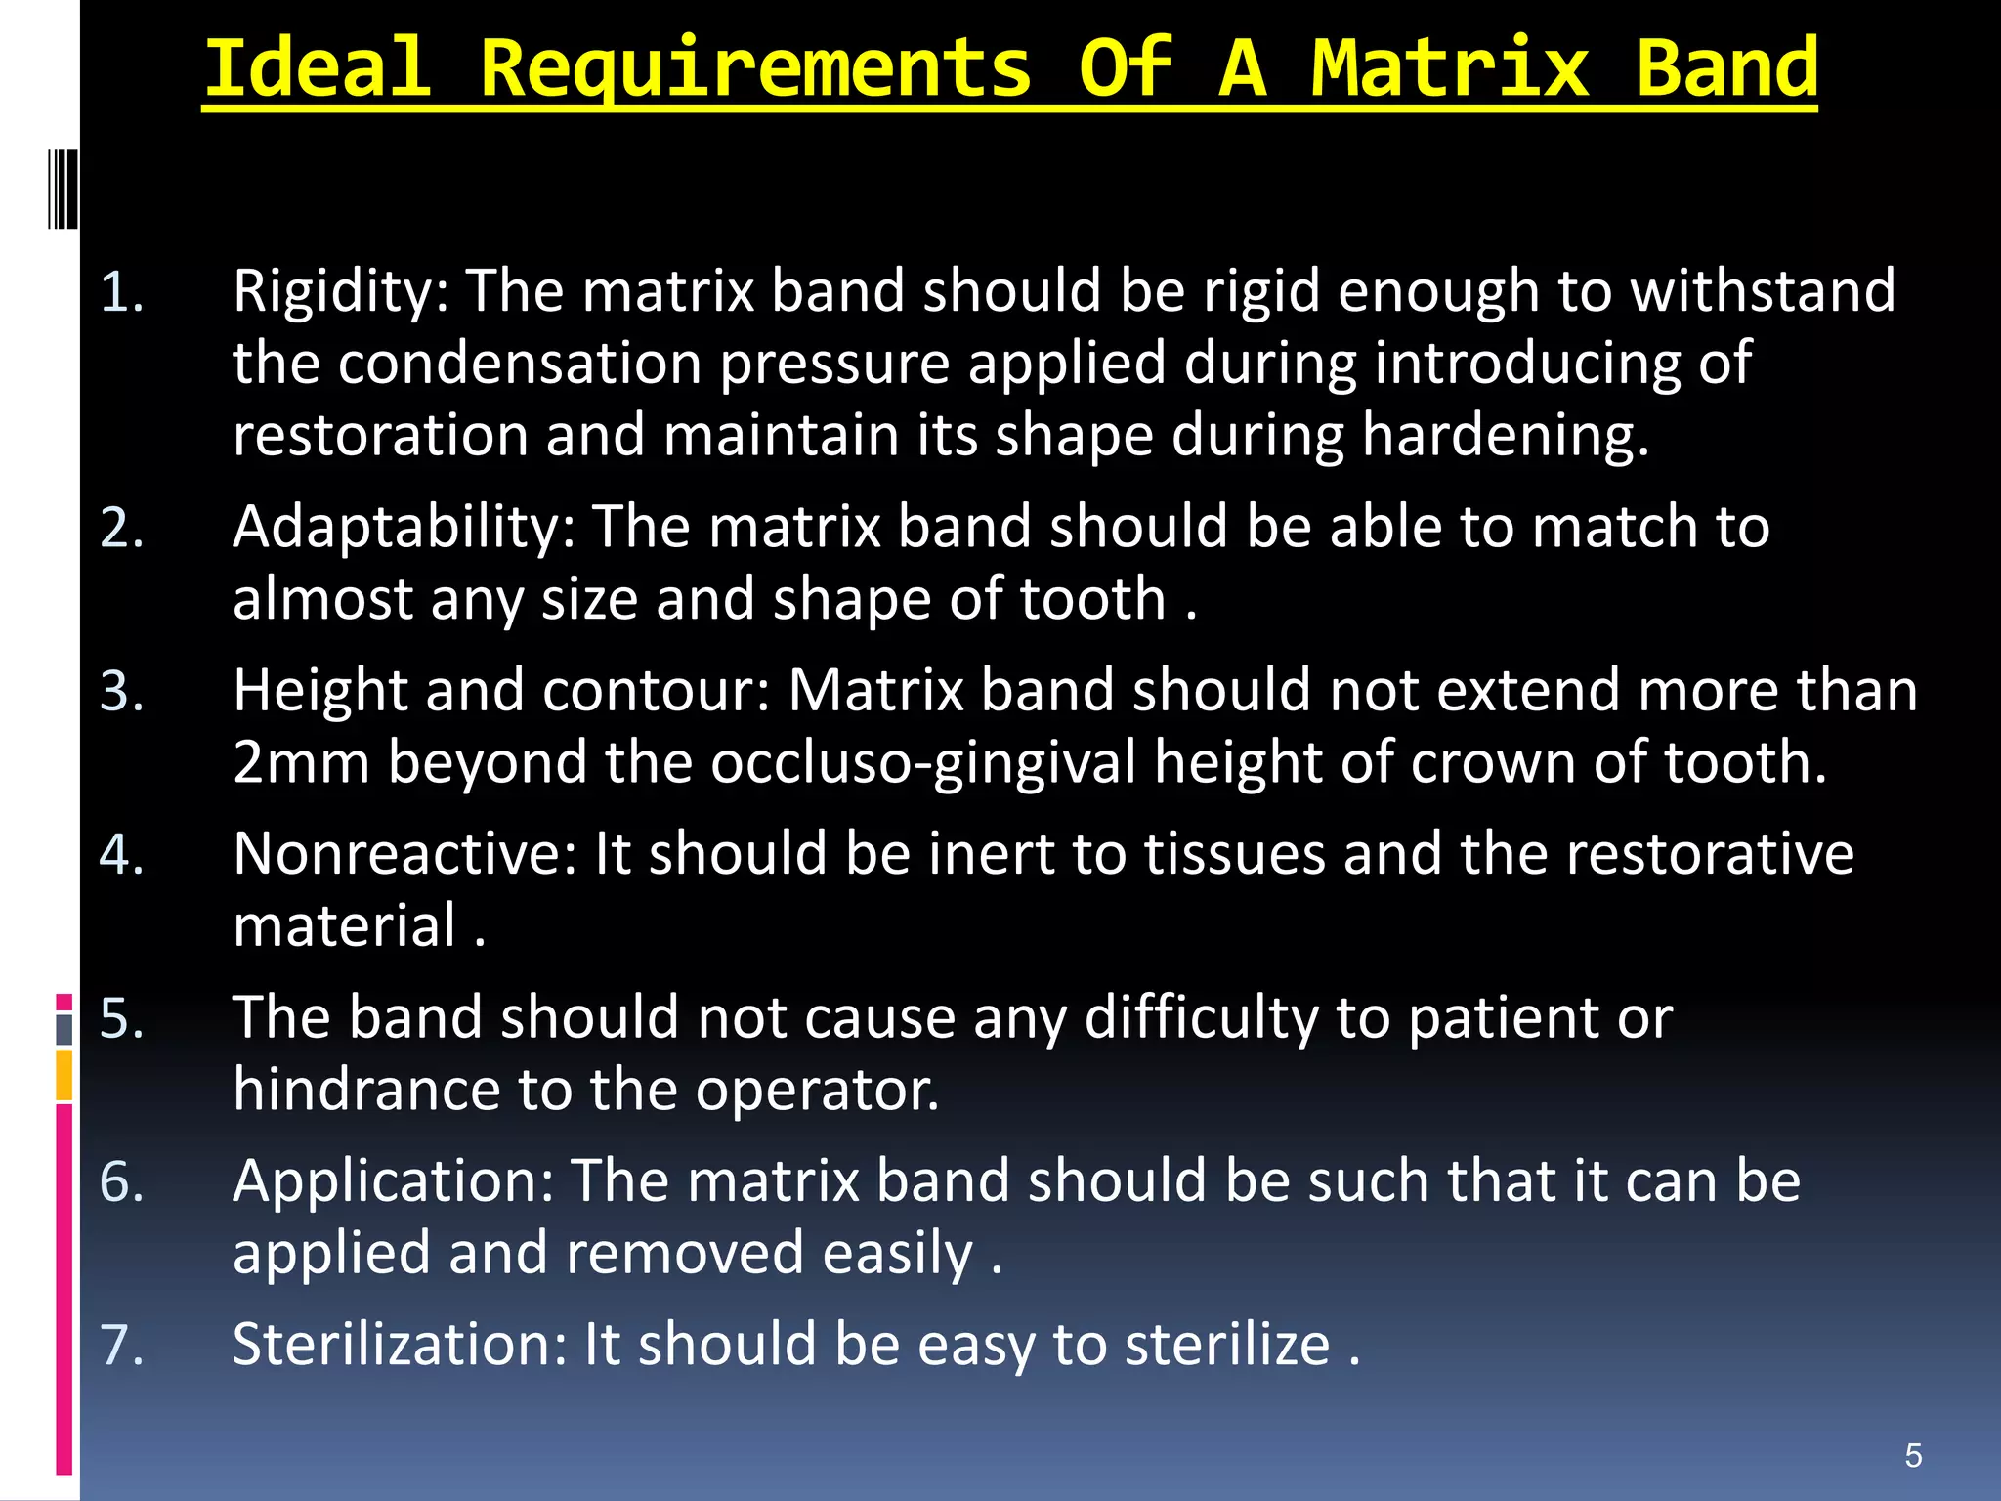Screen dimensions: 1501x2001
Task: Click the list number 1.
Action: click(122, 291)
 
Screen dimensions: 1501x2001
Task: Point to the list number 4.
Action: click(122, 854)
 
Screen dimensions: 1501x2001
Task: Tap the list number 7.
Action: click(122, 1345)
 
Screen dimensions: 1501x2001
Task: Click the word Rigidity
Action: click(341, 291)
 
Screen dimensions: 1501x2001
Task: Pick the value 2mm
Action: click(301, 762)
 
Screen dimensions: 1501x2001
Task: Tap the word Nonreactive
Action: click(404, 854)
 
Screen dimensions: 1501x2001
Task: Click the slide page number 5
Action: click(1913, 1455)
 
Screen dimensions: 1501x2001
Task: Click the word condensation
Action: click(520, 364)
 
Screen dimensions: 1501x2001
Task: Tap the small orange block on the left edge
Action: click(64, 1075)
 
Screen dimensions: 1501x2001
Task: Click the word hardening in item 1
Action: click(1505, 435)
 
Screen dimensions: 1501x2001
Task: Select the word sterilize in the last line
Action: click(1227, 1345)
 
